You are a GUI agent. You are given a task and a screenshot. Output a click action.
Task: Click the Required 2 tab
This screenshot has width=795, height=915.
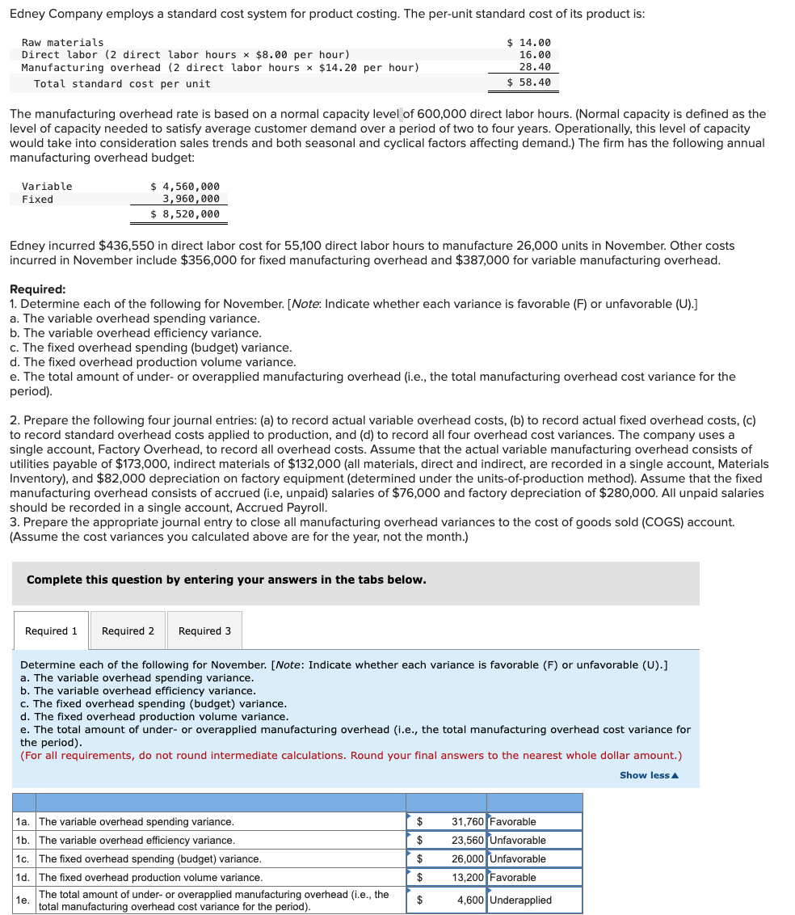click(128, 630)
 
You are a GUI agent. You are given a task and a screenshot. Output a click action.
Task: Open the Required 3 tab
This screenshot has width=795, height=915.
click(204, 630)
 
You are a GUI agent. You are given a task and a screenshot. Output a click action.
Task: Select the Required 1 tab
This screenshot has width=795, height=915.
click(52, 630)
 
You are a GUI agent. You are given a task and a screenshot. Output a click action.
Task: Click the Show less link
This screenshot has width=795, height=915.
click(649, 775)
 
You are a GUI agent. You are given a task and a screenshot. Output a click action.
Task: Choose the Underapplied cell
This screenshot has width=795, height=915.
click(534, 900)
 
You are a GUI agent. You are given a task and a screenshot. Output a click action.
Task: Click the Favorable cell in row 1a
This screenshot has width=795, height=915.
click(534, 821)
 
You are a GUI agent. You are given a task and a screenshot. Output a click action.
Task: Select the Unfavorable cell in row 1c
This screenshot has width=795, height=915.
click(534, 858)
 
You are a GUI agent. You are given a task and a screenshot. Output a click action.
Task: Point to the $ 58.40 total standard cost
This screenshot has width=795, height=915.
click(528, 82)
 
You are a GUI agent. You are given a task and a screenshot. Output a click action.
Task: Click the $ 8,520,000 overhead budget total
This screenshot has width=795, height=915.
click(185, 213)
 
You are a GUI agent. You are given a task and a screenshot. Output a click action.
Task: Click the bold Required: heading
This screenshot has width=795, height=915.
click(37, 289)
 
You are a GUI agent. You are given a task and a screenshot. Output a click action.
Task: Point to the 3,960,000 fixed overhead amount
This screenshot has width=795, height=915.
click(191, 199)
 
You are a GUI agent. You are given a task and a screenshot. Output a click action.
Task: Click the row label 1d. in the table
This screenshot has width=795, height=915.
click(23, 877)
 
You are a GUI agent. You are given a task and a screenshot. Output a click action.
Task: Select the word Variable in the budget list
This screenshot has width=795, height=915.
click(47, 186)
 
